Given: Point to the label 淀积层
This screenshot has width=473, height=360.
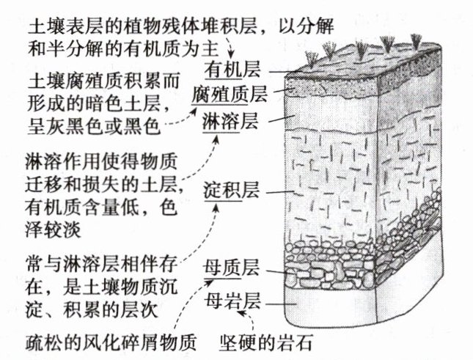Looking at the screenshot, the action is tap(222, 193).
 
